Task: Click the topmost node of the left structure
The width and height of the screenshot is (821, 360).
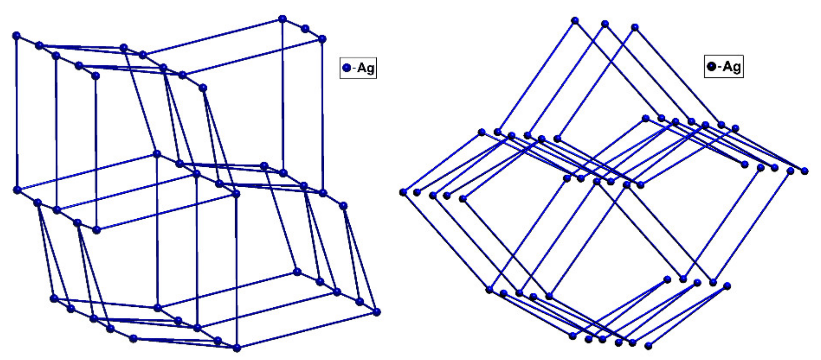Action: pyautogui.click(x=283, y=19)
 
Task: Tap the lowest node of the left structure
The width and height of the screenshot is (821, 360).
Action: pyautogui.click(x=237, y=348)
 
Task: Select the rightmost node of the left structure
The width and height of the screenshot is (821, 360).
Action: pyautogui.click(x=377, y=312)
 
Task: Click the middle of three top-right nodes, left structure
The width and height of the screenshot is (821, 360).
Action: pyautogui.click(x=305, y=29)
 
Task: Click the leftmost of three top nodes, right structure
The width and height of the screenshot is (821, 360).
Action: pyautogui.click(x=575, y=21)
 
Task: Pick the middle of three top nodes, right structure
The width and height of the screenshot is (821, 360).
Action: pyautogui.click(x=605, y=23)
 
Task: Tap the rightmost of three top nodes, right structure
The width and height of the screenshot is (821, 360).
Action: pyautogui.click(x=635, y=28)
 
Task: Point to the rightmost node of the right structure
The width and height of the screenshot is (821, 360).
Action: pyautogui.click(x=805, y=171)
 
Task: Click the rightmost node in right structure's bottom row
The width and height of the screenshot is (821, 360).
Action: pyautogui.click(x=648, y=346)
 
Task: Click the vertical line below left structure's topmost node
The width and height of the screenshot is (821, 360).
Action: pyautogui.click(x=283, y=96)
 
